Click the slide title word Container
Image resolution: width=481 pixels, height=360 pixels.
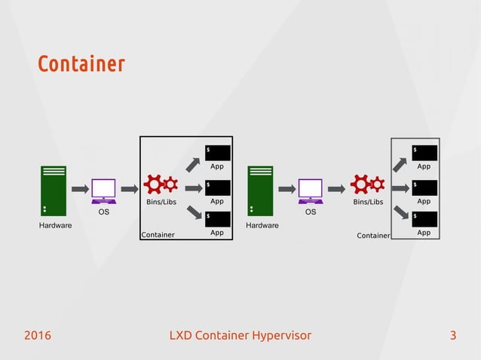point(81,64)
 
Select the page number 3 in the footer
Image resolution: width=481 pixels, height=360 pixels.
point(452,335)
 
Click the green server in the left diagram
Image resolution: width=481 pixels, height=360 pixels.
point(54,191)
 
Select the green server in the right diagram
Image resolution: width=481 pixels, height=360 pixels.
point(260,191)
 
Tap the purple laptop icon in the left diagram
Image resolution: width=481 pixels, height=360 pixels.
point(103,191)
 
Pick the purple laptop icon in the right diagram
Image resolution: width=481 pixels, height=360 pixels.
point(310,191)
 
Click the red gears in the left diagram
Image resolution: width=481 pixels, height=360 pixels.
point(161,184)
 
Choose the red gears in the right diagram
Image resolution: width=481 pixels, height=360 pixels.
point(368,184)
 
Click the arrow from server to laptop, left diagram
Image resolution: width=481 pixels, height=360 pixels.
point(78,188)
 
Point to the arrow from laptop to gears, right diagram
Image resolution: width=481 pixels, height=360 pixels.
point(336,188)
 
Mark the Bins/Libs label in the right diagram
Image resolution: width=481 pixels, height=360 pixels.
point(368,202)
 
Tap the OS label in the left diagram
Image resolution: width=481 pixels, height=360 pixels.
point(104,212)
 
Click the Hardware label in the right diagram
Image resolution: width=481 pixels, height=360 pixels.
point(260,225)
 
